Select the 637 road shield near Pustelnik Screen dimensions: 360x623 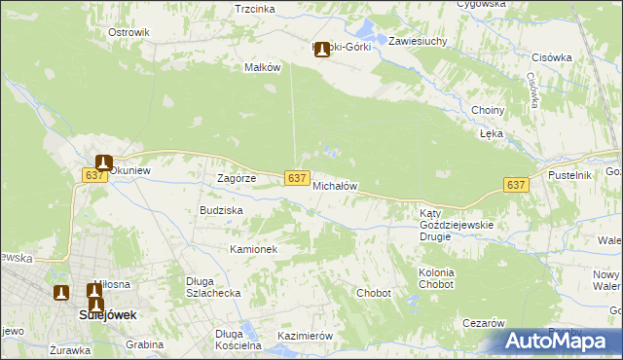click(516, 184)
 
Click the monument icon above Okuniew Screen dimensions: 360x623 click(104, 164)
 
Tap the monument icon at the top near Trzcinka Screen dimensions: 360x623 click(321, 49)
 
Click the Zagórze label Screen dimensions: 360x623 click(237, 178)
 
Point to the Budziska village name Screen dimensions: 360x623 click(221, 210)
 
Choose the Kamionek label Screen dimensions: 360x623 click(254, 249)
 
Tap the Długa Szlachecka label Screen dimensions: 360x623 click(213, 287)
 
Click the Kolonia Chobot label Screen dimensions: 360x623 click(435, 279)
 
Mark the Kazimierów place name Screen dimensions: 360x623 click(306, 336)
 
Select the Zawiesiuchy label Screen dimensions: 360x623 click(418, 42)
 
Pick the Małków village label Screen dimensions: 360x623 click(262, 67)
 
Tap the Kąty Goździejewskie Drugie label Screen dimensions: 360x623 click(457, 219)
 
